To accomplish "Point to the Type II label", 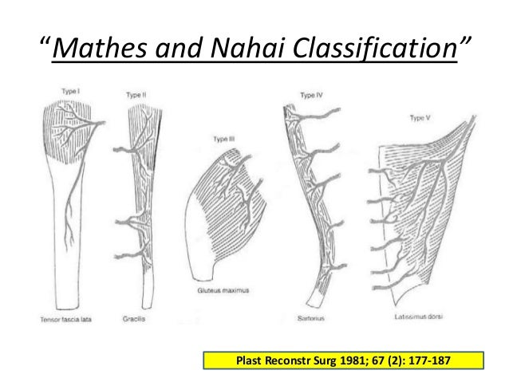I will tap(136, 96).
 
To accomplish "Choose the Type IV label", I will tap(310, 96).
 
